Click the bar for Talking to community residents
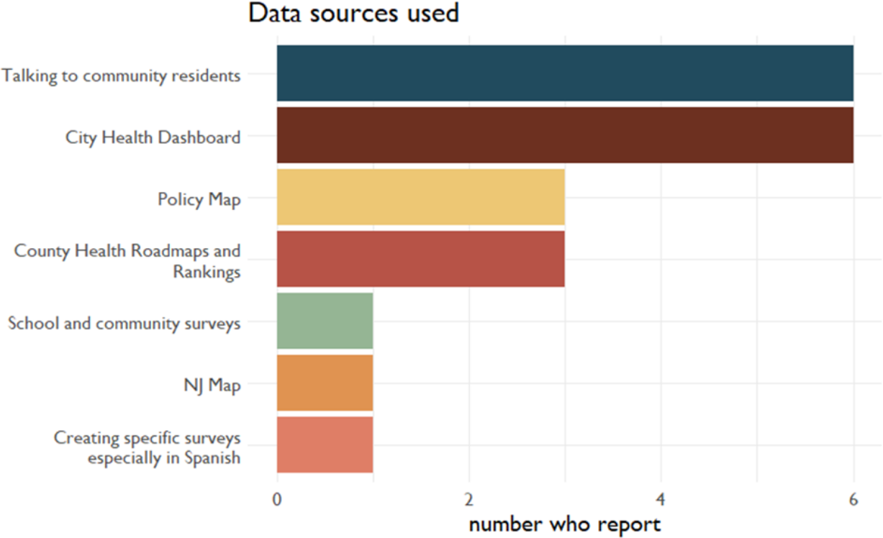pos(565,73)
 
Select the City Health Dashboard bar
pos(565,135)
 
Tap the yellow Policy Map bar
pos(421,197)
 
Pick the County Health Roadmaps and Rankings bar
pos(421,259)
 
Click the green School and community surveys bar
pos(325,321)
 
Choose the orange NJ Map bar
pos(325,383)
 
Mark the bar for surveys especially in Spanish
pos(325,444)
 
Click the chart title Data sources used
pos(353,13)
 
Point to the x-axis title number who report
pos(564,524)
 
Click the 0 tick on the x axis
pos(277,498)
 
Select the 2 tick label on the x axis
pos(469,498)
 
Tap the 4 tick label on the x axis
pos(661,498)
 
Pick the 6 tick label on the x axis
pos(853,498)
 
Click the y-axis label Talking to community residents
pos(121,76)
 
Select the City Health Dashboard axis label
pos(153,137)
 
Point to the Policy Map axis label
pos(199,199)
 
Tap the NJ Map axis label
pos(212,386)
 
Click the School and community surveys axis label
pos(124,324)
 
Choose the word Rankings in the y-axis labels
pos(207,273)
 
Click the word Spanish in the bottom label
pos(212,458)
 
